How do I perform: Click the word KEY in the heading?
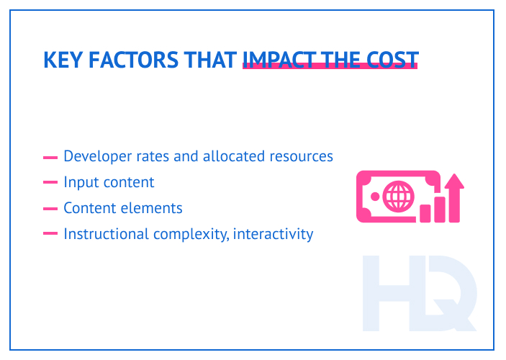60,60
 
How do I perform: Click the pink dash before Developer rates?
50,157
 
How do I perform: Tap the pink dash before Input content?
50,183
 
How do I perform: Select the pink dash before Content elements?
50,209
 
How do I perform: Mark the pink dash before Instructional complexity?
50,234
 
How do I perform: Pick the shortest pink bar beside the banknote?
425,212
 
